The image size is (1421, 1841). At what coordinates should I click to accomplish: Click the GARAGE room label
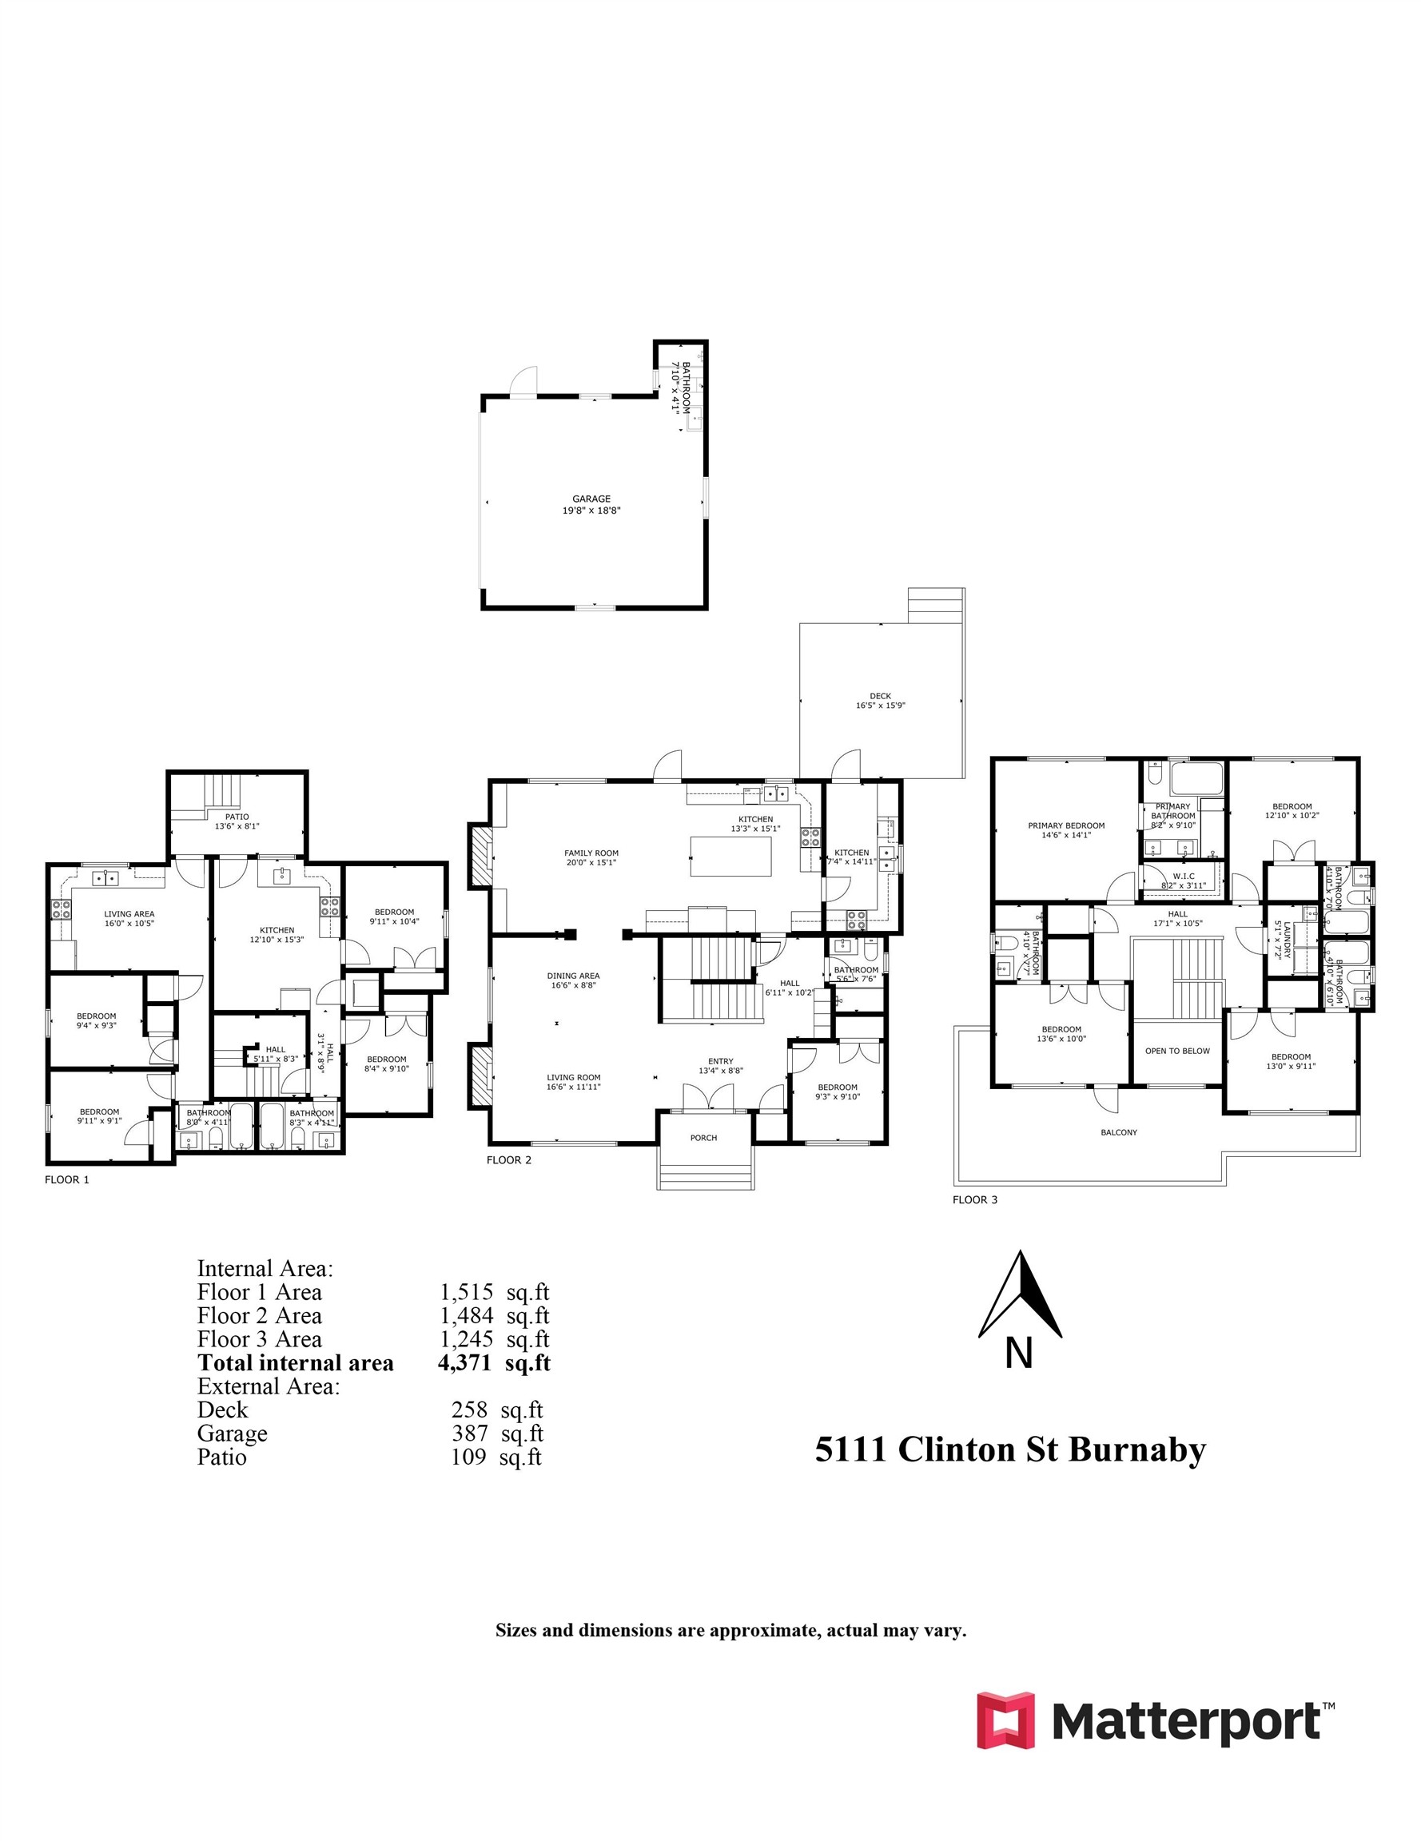[x=591, y=499]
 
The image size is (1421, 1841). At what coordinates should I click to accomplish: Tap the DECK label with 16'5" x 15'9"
[x=880, y=696]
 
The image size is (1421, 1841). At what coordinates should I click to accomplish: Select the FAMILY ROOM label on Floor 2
[x=591, y=853]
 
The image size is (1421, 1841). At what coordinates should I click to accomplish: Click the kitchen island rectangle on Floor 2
[x=730, y=856]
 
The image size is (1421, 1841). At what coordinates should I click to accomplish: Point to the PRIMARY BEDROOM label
[x=1066, y=826]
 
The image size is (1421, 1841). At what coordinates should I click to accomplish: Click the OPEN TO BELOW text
[x=1177, y=1052]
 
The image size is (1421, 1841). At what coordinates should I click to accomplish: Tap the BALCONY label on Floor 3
[x=1118, y=1132]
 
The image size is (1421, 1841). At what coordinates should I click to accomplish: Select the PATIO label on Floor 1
[x=237, y=817]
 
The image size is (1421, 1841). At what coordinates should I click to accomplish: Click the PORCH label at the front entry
[x=703, y=1138]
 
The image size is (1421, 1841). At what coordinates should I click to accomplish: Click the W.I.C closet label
[x=1183, y=877]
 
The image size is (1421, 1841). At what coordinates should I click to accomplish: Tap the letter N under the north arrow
[x=1019, y=1354]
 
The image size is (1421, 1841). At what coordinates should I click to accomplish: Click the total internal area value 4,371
[x=464, y=1364]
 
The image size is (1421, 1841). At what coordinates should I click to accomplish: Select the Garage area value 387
[x=470, y=1433]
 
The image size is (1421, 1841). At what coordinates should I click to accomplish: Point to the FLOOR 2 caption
[x=508, y=1160]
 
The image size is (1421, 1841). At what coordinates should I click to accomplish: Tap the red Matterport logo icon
[x=1005, y=1720]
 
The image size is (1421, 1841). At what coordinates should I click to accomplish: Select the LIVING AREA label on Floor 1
[x=129, y=914]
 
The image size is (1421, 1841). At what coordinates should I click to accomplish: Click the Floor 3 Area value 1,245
[x=467, y=1339]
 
